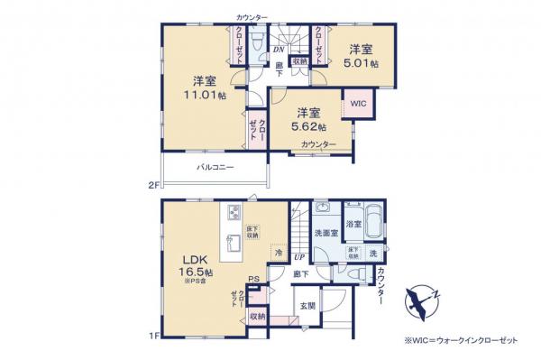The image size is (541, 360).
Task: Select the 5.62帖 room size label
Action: (309, 128)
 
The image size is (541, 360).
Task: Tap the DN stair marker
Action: (279, 51)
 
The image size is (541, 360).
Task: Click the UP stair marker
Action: (298, 256)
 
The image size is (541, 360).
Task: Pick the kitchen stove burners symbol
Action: (232, 214)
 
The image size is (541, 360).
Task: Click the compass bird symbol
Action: (420, 299)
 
